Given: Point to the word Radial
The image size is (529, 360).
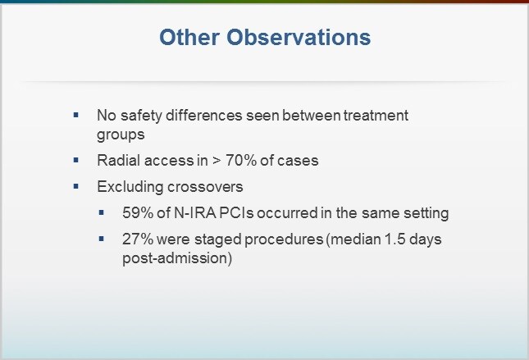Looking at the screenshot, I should pyautogui.click(x=116, y=160).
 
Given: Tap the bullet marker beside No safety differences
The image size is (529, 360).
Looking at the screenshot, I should pyautogui.click(x=76, y=115).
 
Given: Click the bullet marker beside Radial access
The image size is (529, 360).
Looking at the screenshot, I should pyautogui.click(x=76, y=159).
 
